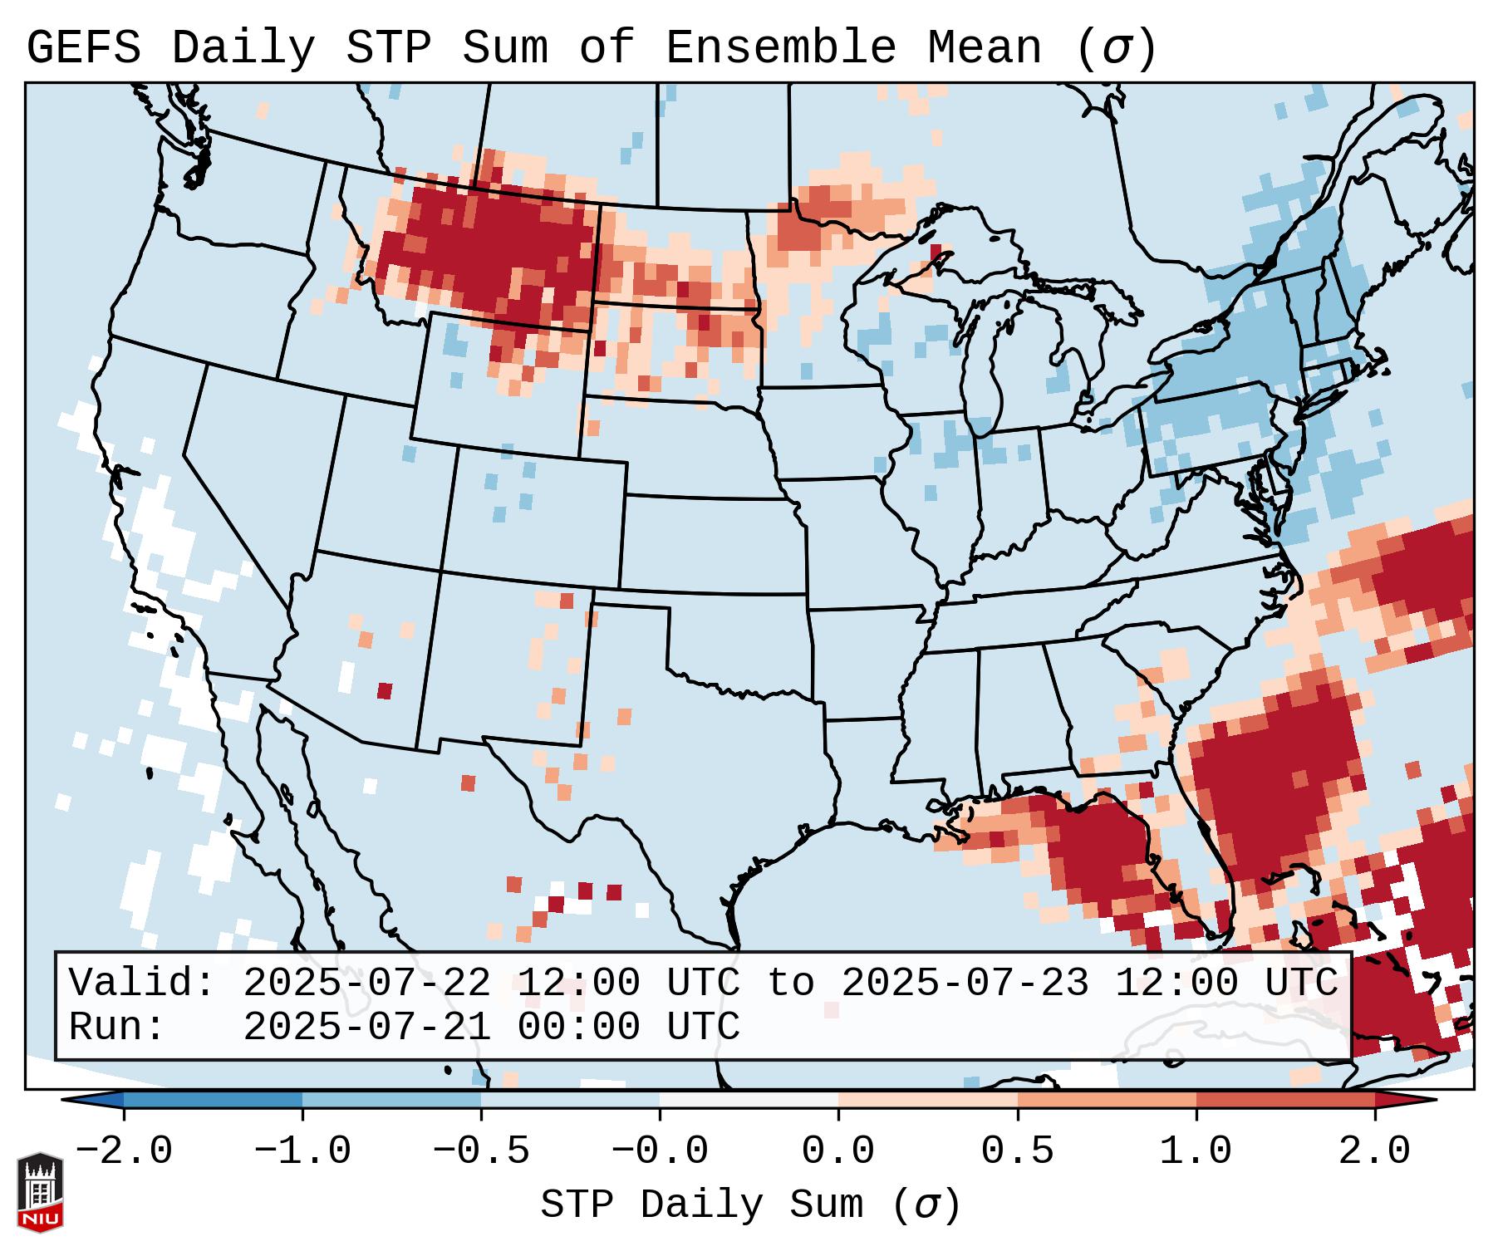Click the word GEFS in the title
pos(83,48)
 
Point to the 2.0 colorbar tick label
pos(1375,1151)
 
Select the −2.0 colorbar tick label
pos(124,1151)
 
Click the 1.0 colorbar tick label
pos(1196,1151)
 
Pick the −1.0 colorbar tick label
pos(302,1151)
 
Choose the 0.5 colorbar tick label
pos(1017,1151)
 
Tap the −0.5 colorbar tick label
pos(481,1151)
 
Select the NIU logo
pos(40,1192)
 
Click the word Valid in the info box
pos(141,983)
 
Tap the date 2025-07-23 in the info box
pos(965,983)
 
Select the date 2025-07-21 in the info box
pos(366,1027)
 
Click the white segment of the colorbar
pos(749,1100)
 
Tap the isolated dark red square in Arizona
pos(384,691)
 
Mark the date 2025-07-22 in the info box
pos(366,983)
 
